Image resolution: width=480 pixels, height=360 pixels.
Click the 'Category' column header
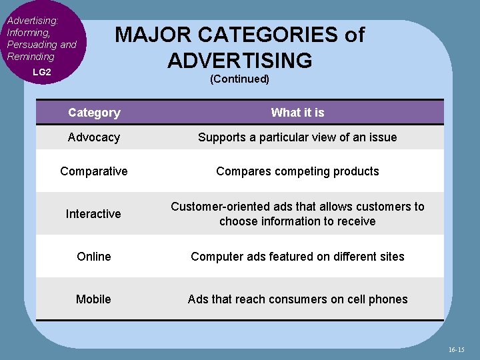pos(94,113)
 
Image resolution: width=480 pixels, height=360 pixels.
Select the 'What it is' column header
pos(297,113)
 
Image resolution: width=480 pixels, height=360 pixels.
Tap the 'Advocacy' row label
pos(94,137)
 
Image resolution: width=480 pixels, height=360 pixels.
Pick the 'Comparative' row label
pos(94,171)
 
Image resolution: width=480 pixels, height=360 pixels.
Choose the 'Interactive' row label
pos(93,214)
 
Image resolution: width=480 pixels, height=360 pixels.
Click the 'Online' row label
pos(94,257)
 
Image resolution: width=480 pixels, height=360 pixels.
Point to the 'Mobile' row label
pos(93,299)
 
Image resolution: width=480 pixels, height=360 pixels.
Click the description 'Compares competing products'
pos(297,171)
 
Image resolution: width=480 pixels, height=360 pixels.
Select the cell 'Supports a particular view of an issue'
pos(297,137)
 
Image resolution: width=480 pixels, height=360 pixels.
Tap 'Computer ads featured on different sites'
pos(297,257)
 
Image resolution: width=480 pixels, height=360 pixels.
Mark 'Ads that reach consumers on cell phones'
pos(297,299)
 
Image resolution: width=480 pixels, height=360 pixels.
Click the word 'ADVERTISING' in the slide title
pos(240,61)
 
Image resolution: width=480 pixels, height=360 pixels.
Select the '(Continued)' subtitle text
pos(239,79)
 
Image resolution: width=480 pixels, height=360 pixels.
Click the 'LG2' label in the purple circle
pos(42,71)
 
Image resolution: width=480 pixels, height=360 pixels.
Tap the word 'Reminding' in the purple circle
pos(31,57)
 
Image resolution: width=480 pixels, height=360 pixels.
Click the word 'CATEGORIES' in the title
pos(267,35)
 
